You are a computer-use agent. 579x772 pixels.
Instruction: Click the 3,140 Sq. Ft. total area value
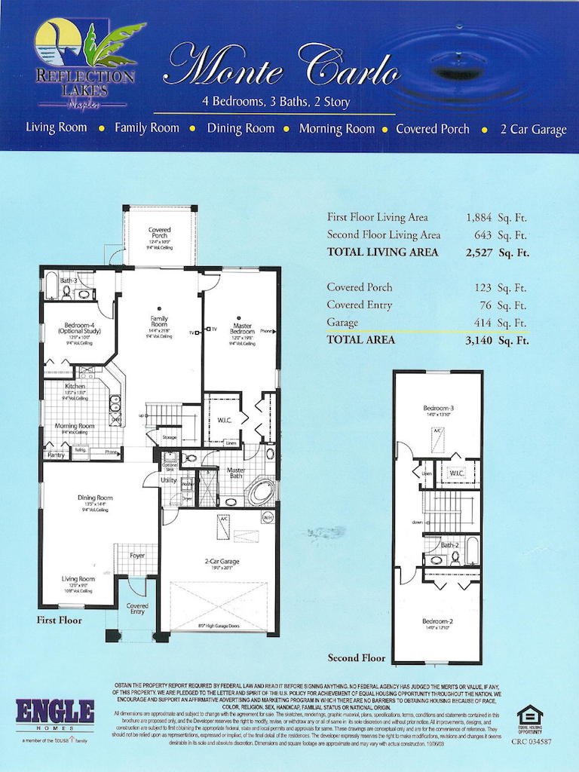point(498,340)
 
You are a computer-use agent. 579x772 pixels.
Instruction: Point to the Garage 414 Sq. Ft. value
point(498,323)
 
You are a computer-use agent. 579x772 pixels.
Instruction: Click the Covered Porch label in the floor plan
point(159,233)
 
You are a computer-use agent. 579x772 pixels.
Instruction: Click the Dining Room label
point(95,498)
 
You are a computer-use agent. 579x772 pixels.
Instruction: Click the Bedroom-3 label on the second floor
point(437,409)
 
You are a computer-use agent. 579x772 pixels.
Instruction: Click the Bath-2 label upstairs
point(450,544)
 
